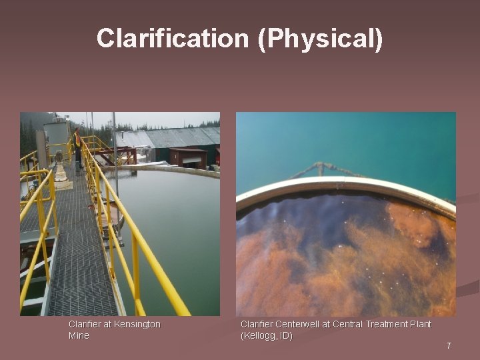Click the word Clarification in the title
click(173, 39)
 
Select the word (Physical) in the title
click(321, 39)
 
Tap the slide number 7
click(449, 345)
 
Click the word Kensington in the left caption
click(137, 324)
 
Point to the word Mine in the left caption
click(79, 335)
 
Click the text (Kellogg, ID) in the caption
click(266, 335)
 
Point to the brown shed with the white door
click(188, 157)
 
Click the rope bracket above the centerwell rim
click(321, 168)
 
